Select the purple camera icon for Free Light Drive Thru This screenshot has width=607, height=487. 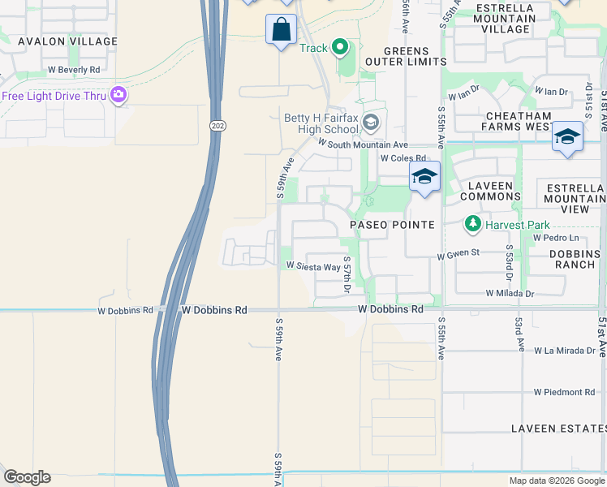point(118,96)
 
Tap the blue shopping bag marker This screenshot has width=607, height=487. point(281,29)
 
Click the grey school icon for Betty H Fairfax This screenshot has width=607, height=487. point(372,123)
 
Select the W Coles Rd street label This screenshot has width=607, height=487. point(403,158)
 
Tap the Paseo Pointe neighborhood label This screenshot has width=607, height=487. point(392,224)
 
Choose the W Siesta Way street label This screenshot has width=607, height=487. point(312,266)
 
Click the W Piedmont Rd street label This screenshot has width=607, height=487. point(564,392)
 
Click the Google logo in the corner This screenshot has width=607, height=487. point(27,477)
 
